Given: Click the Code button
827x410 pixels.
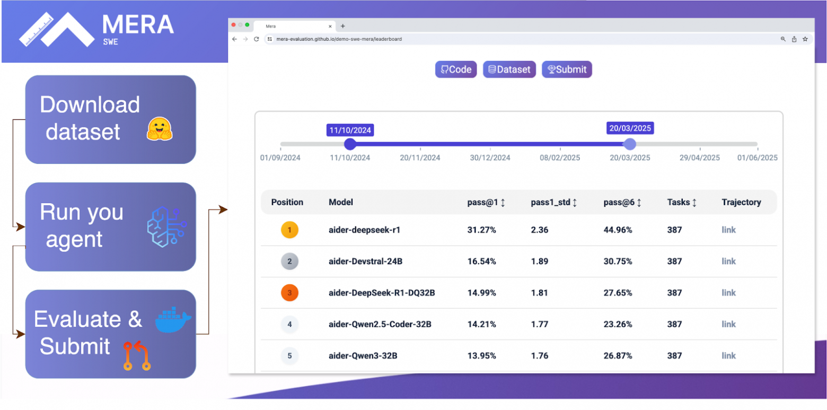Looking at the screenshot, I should point(456,69).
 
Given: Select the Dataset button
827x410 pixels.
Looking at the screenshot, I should point(509,69).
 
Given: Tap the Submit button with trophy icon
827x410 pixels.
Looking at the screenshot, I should point(567,69).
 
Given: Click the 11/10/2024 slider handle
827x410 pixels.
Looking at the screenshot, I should point(350,144).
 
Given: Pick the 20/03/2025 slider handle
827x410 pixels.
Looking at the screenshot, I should point(629,144).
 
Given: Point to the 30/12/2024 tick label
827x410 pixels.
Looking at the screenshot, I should point(490,158).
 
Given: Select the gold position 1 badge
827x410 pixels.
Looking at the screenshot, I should point(289,230).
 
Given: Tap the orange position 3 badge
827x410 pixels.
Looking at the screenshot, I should point(289,293).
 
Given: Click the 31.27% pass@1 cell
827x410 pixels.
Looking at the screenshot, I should point(482,230).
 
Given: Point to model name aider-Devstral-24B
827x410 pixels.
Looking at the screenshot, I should point(366,261).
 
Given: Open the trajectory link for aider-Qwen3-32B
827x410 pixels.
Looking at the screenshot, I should point(729,355).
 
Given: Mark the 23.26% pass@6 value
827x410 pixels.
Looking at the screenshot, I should point(618,324).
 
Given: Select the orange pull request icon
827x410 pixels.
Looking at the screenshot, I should point(137,355).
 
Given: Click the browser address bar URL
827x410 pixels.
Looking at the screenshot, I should point(339,39).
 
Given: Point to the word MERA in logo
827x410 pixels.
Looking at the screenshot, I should point(137,24).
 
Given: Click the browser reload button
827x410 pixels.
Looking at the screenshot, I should point(257,39).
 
